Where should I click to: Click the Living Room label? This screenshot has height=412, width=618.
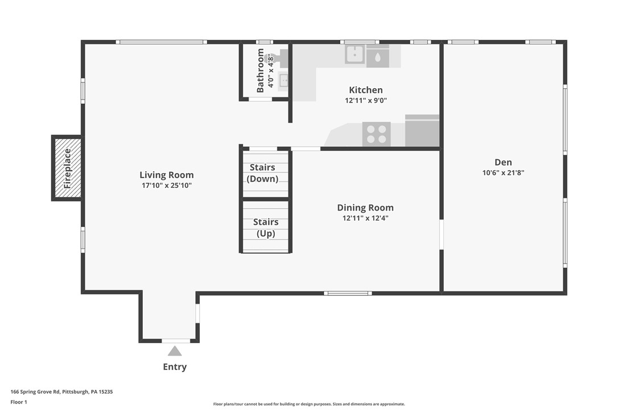tap(167, 175)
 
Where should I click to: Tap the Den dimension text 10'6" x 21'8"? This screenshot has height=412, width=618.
tap(503, 172)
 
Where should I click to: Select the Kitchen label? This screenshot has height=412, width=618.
tap(365, 90)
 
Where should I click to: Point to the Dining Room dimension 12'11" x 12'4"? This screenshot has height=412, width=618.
tap(365, 218)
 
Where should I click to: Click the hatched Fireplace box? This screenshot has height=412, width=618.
tap(67, 168)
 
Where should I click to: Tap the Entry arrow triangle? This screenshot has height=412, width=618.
tap(175, 351)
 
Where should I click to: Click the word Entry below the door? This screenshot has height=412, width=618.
tap(175, 367)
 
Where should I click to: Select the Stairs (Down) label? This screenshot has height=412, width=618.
tap(262, 173)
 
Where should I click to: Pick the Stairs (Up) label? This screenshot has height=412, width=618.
tap(266, 228)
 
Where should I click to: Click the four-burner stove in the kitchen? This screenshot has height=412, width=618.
tap(376, 134)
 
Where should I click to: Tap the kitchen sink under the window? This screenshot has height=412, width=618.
tap(355, 55)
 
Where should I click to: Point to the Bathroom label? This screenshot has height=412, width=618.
tap(261, 71)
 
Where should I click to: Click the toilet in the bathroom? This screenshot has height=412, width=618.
tap(278, 58)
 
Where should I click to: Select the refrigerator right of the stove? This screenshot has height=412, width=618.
tap(422, 131)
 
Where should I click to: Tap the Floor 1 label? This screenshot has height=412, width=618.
tap(19, 402)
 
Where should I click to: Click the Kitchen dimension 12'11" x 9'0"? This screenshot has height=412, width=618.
tap(365, 101)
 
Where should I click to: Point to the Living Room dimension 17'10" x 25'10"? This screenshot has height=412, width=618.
tap(167, 186)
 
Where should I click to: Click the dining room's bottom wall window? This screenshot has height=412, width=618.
tap(348, 293)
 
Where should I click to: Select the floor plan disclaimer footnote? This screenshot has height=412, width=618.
tap(309, 404)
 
